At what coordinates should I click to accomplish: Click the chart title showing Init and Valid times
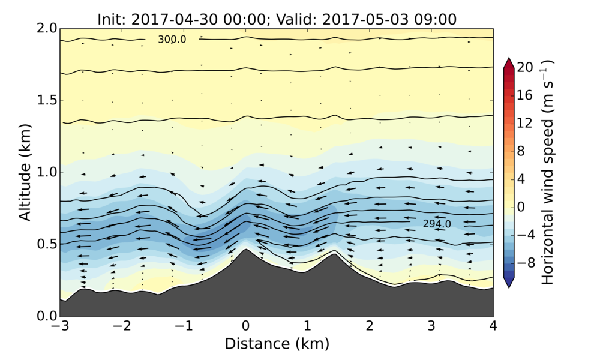277,19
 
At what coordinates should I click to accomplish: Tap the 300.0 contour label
172,40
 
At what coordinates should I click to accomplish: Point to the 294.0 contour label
436,224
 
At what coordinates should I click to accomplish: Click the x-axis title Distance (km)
277,344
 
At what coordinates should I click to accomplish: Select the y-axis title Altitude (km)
25,172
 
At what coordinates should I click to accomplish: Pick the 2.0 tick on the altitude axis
47,29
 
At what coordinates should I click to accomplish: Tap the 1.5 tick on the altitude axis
47,100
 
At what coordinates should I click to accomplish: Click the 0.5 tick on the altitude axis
47,244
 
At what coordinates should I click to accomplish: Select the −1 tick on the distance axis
183,326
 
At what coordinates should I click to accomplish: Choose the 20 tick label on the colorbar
525,68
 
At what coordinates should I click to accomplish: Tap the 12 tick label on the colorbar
525,123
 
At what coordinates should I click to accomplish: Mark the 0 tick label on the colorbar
521,207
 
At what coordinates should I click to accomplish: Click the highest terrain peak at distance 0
245,250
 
